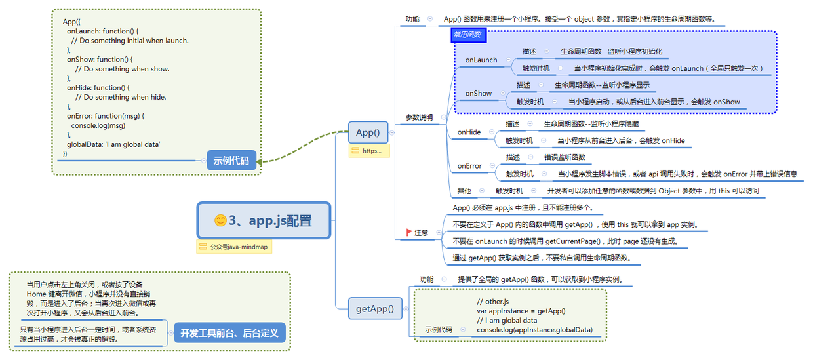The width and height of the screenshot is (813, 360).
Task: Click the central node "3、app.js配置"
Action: click(x=264, y=221)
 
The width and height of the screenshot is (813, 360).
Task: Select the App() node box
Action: click(x=368, y=132)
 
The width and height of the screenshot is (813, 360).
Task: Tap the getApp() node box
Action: click(x=374, y=308)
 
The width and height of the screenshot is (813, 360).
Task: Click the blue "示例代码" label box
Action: click(x=231, y=160)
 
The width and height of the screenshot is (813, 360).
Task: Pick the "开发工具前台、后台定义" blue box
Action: click(x=229, y=333)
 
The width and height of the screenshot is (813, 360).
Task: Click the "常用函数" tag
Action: click(x=468, y=35)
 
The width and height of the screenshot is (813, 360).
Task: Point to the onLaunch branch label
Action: click(x=481, y=60)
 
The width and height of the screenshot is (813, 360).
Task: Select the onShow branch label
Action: click(x=479, y=93)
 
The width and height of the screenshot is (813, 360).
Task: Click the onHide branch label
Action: click(x=469, y=132)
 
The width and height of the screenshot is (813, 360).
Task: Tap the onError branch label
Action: click(x=469, y=166)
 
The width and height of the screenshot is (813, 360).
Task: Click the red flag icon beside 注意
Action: click(x=409, y=232)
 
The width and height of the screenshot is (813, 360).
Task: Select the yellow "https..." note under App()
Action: click(x=370, y=151)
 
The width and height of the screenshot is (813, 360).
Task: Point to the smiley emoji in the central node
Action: click(x=220, y=221)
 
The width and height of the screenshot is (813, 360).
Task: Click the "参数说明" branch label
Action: click(x=419, y=117)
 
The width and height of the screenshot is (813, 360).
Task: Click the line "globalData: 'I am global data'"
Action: click(x=113, y=144)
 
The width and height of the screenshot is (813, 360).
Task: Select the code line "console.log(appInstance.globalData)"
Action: click(x=534, y=330)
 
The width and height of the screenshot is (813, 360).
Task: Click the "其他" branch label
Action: click(x=464, y=191)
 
